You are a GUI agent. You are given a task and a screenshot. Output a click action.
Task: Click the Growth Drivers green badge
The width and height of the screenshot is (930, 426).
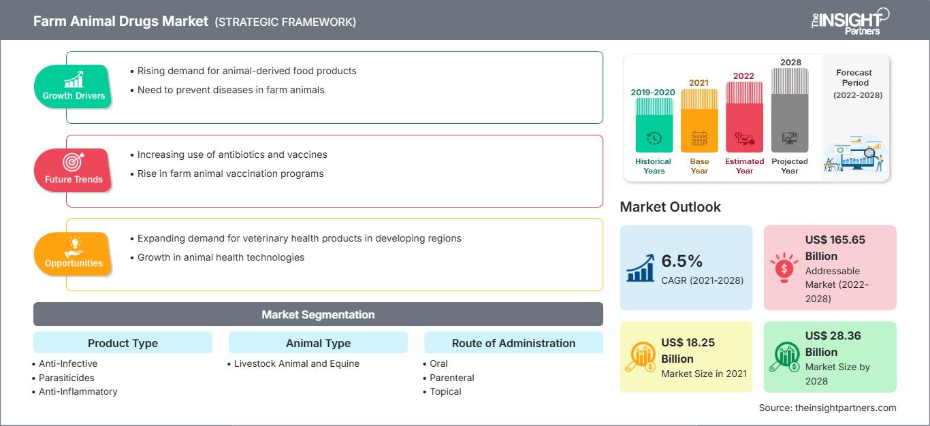(74, 86)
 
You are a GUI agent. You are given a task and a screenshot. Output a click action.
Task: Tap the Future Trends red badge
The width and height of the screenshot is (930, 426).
(74, 170)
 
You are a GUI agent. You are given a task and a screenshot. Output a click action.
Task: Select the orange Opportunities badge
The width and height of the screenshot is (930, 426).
(74, 254)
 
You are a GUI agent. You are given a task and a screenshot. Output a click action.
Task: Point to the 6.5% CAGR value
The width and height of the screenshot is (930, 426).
(682, 261)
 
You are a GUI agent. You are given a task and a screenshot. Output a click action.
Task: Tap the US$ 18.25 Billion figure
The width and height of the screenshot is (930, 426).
(688, 350)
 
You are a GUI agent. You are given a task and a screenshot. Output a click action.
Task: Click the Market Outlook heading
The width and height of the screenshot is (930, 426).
(670, 207)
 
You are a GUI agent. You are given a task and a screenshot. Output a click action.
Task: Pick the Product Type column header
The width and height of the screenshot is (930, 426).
(123, 343)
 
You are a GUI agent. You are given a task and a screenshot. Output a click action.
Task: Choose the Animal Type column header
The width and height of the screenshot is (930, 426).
(318, 343)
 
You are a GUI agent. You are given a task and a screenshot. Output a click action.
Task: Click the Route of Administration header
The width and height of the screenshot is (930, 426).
(513, 343)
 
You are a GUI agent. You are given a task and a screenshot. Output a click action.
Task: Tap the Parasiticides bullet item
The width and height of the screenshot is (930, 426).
(67, 378)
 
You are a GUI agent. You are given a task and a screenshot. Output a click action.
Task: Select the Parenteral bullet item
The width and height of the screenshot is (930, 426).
(452, 378)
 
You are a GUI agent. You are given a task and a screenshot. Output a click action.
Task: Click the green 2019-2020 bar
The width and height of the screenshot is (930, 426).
(654, 125)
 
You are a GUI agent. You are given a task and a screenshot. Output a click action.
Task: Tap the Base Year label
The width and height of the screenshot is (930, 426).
(699, 166)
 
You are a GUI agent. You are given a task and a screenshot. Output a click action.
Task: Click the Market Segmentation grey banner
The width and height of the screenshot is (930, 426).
(318, 314)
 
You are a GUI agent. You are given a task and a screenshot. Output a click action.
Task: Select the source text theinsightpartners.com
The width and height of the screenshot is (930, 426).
(827, 408)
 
